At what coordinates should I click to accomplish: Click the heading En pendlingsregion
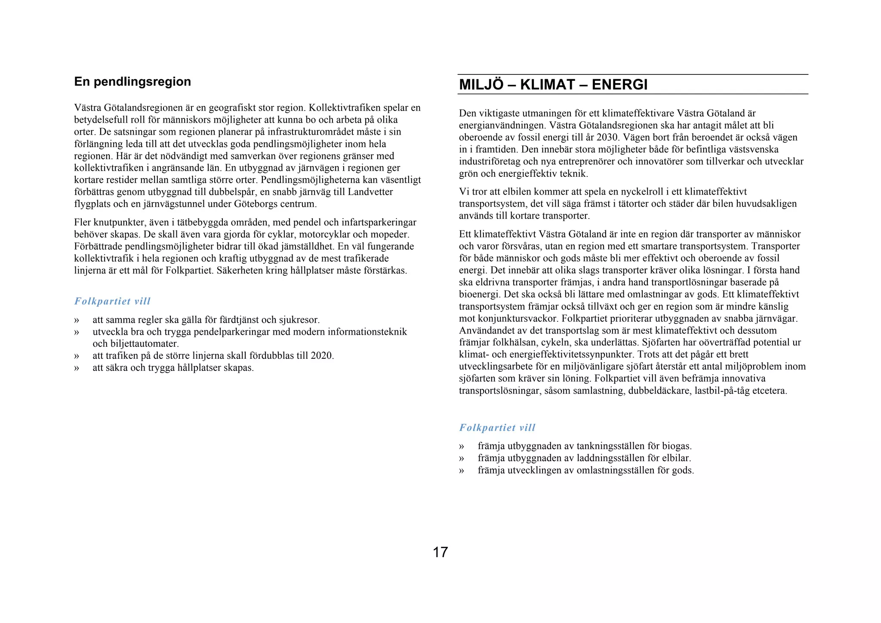[x=132, y=82]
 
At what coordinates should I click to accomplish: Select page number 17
[x=440, y=552]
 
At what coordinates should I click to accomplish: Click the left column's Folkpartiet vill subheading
[x=112, y=301]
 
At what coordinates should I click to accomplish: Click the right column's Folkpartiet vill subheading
[x=497, y=428]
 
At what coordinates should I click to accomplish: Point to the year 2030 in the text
[x=608, y=138]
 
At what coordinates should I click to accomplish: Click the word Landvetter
[x=370, y=192]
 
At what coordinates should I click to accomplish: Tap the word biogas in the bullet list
[x=677, y=446]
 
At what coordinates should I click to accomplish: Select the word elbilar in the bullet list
[x=676, y=458]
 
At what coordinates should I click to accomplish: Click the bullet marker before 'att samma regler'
[x=77, y=320]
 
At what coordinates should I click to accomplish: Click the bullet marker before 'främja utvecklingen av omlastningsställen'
[x=462, y=470]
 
